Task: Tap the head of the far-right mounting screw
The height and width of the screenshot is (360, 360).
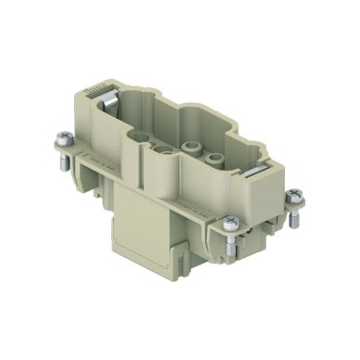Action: (x=294, y=195)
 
